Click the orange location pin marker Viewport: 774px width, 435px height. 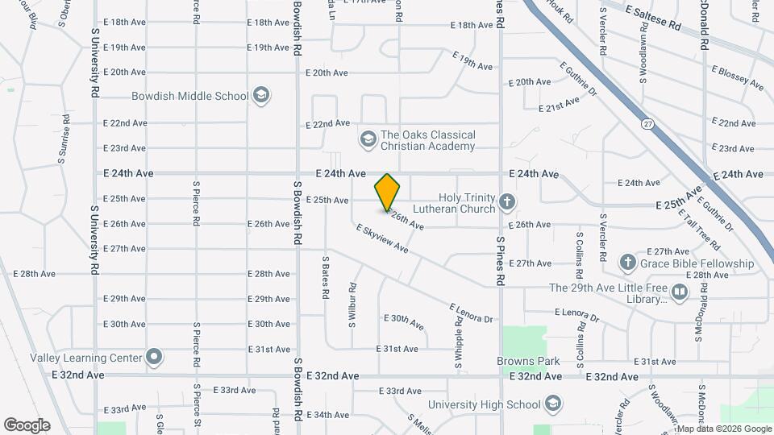pos(387,193)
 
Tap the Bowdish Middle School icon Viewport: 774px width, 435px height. pos(260,96)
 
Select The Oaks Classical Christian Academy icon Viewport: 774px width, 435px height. pos(368,140)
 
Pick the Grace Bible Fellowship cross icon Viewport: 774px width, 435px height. pos(628,263)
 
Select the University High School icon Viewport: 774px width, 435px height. pos(552,404)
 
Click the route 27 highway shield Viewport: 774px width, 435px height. pos(647,124)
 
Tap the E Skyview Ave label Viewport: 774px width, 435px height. pos(382,239)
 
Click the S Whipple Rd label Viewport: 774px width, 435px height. pos(458,342)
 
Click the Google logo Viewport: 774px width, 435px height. pos(27,425)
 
